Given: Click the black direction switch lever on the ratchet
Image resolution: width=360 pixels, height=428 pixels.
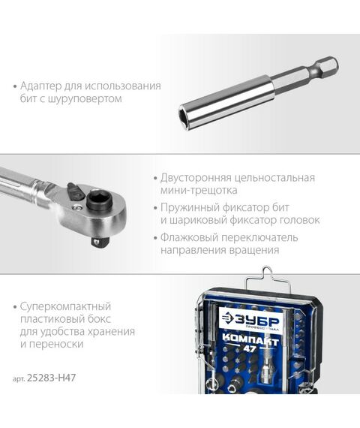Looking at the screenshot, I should tap(72, 190).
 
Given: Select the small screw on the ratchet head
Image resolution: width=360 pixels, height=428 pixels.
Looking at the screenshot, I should tap(79, 204).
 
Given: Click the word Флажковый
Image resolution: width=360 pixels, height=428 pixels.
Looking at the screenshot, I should tap(189, 237).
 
